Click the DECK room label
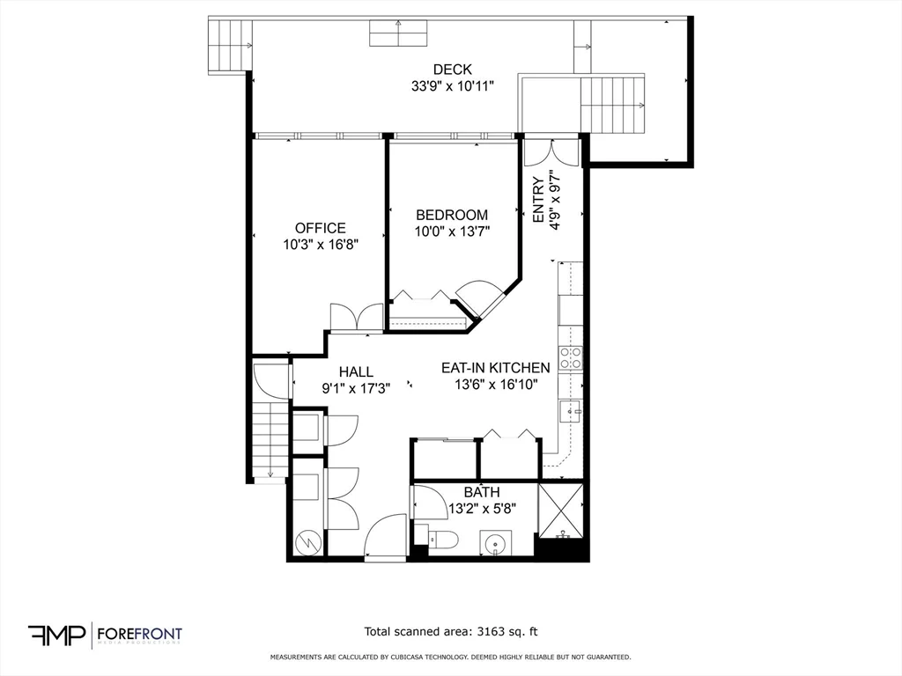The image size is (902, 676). [452, 70]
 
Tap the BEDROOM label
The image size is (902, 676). [452, 215]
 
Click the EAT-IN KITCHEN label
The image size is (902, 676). [495, 368]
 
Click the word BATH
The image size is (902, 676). [482, 492]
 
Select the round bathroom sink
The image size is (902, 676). [496, 544]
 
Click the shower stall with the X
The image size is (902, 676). [561, 510]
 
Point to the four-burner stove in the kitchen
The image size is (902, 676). [570, 357]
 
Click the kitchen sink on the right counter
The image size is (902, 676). [570, 409]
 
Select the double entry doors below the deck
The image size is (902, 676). [551, 152]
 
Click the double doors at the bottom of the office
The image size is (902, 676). [356, 317]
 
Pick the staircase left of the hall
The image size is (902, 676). [270, 440]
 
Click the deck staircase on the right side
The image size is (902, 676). [613, 103]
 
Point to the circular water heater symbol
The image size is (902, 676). [308, 541]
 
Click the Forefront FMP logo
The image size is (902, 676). [105, 635]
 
